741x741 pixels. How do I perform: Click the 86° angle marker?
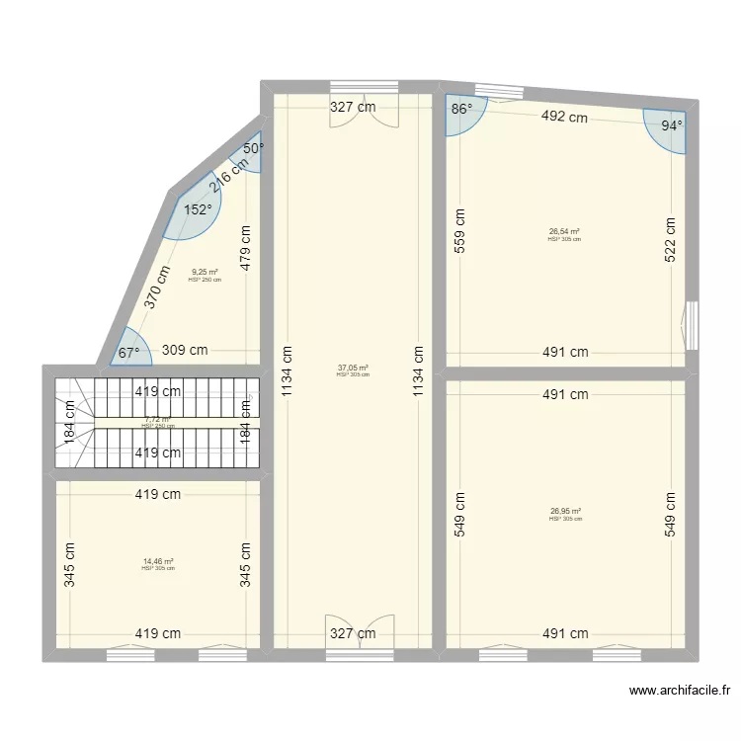[461, 111]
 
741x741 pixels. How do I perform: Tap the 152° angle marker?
[198, 209]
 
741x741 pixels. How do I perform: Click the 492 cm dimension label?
[563, 117]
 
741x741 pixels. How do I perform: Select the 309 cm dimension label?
[185, 350]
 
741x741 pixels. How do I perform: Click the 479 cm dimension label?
[246, 248]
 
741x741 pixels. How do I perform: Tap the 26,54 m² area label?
[564, 232]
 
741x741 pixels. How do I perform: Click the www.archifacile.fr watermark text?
[679, 692]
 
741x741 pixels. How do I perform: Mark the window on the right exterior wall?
[692, 324]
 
